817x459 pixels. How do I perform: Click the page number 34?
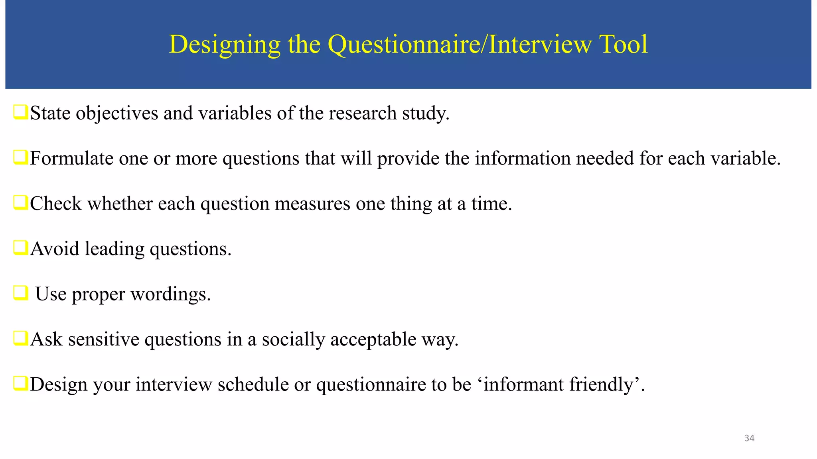(749, 438)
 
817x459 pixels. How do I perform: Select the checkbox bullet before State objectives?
(20, 112)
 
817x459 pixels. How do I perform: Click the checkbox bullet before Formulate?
(20, 157)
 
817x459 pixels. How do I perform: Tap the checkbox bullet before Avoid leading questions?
(20, 248)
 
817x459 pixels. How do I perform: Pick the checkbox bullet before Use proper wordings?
(20, 293)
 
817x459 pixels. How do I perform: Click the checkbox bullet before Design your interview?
(20, 384)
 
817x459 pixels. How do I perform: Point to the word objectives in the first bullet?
(117, 114)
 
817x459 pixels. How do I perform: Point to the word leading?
(114, 249)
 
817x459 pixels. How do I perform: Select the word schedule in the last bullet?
(253, 385)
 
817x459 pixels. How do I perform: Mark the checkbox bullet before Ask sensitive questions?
(20, 338)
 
